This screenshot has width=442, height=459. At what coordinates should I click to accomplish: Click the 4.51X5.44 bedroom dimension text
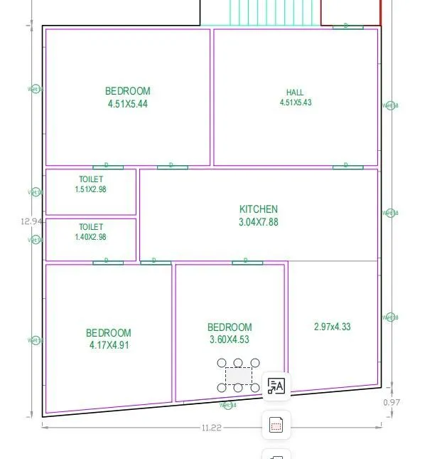(128, 104)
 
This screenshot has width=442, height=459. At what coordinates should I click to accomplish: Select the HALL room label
(295, 93)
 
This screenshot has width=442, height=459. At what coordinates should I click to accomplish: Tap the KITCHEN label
(259, 209)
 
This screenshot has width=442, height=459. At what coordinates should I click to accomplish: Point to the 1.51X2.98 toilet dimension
(90, 189)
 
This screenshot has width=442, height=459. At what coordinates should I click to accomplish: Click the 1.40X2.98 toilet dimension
(90, 237)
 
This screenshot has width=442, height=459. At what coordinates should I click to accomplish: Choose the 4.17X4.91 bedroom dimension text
(108, 345)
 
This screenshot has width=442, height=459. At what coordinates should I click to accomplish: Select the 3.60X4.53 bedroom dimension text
(230, 339)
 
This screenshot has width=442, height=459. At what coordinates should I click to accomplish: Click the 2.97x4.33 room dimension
(332, 327)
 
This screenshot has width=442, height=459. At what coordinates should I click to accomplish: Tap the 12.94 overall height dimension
(32, 221)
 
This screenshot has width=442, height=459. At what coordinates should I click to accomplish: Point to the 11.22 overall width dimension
(212, 428)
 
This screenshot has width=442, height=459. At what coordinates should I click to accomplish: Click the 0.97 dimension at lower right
(392, 402)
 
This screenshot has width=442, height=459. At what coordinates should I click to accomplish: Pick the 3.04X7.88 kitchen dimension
(259, 222)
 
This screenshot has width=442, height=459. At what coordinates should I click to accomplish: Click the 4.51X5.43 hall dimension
(295, 102)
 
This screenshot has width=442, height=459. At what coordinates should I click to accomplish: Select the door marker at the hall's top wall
(347, 26)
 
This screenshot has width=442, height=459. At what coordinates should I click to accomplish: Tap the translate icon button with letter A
(276, 386)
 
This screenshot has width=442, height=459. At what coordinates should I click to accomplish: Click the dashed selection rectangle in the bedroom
(238, 376)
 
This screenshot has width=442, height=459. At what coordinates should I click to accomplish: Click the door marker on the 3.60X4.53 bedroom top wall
(247, 262)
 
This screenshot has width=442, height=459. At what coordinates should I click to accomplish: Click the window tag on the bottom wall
(227, 406)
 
